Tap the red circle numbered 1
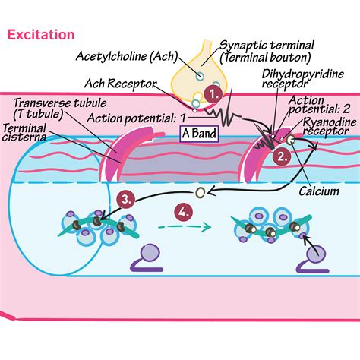pos(214,94)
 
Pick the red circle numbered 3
pos(128,200)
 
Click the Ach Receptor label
pos(117,83)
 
